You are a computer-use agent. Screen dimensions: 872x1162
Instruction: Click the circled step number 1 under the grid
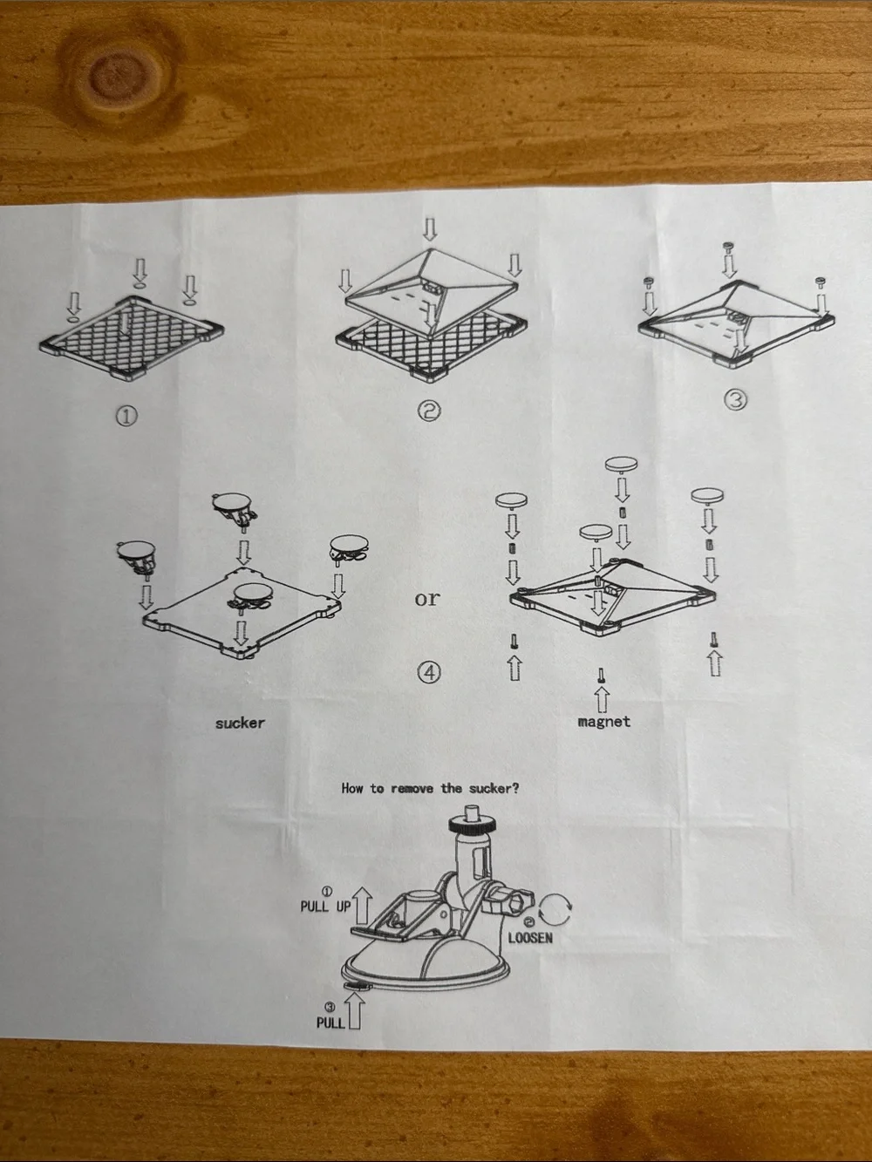coord(126,417)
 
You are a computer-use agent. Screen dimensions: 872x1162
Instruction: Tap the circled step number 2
coord(429,411)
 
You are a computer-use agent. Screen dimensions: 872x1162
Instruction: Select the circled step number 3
coord(735,400)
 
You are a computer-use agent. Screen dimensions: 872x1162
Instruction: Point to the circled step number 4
coord(429,672)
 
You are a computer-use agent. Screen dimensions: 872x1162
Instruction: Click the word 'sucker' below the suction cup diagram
coord(240,724)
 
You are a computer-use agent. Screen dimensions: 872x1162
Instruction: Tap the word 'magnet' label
coord(604,722)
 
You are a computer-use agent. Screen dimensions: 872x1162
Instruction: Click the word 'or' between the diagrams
coord(427,599)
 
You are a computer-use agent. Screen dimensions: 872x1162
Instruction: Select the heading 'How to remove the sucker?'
coord(430,789)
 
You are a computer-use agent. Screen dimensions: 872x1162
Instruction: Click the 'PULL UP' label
coord(325,907)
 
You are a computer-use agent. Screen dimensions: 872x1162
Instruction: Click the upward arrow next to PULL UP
coord(362,906)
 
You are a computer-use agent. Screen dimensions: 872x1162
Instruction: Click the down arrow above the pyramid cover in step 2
coord(430,228)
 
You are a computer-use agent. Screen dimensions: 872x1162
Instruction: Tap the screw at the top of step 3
coord(728,247)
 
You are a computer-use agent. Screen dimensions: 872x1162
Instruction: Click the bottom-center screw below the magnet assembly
coord(601,676)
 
